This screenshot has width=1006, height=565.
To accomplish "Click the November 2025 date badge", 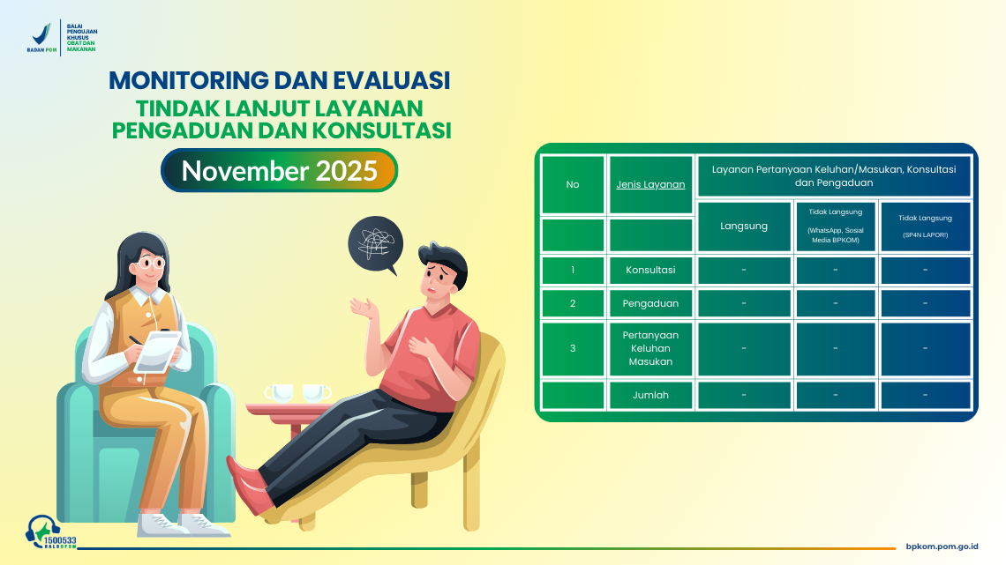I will click(279, 170).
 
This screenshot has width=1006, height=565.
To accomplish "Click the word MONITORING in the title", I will click(189, 80).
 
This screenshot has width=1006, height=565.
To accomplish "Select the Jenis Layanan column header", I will click(651, 184).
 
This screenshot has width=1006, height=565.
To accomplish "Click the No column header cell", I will click(573, 184).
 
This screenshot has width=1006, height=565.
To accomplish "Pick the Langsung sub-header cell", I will click(744, 226).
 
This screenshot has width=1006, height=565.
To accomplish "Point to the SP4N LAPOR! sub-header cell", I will click(925, 226).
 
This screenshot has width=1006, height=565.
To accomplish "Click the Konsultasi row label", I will click(651, 270).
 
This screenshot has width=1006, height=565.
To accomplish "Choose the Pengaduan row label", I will click(651, 303).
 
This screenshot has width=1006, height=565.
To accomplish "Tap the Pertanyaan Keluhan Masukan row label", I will click(651, 348).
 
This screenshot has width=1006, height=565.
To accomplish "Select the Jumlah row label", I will click(651, 395).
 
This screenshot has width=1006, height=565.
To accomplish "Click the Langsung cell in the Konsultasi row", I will click(744, 270).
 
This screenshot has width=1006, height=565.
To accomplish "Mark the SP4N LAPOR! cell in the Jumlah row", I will click(925, 395).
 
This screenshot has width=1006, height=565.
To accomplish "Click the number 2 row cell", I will click(573, 303).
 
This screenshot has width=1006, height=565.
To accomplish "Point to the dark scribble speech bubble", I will click(375, 242).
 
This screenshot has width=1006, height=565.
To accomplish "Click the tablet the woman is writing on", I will click(161, 350).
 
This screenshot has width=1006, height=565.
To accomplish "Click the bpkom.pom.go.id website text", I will click(942, 547).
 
